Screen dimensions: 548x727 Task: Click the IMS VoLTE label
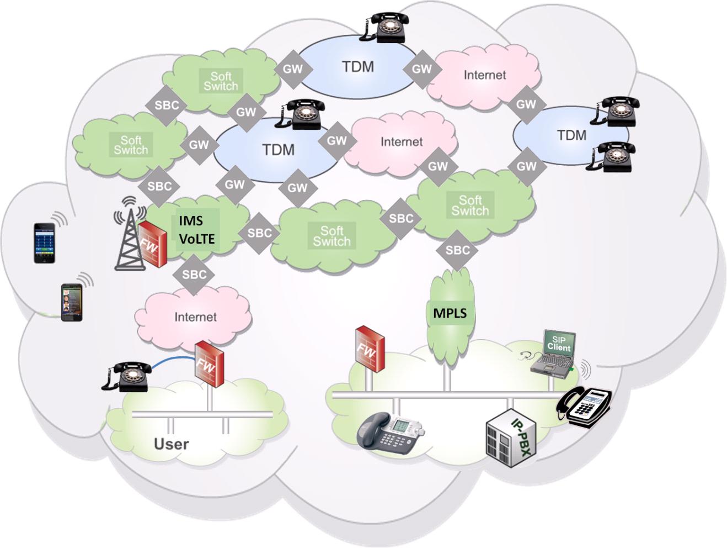[x=196, y=230]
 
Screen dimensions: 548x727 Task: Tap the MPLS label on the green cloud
[x=450, y=313]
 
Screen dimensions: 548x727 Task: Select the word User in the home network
[x=171, y=444]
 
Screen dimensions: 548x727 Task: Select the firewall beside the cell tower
[x=152, y=244]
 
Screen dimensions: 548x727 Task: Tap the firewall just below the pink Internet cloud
[x=209, y=363]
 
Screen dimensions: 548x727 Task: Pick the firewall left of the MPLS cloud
[x=369, y=350]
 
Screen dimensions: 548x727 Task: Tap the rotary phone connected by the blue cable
[x=127, y=377]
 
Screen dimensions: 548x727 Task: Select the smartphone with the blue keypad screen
[x=44, y=243]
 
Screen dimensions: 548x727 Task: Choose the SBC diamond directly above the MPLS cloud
[x=457, y=250]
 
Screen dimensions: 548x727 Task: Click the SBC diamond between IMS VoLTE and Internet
[x=194, y=275]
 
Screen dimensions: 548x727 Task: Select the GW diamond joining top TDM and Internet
[x=422, y=69]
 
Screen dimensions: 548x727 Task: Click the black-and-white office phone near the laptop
[x=585, y=407]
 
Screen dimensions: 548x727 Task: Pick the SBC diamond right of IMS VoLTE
[x=259, y=233]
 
